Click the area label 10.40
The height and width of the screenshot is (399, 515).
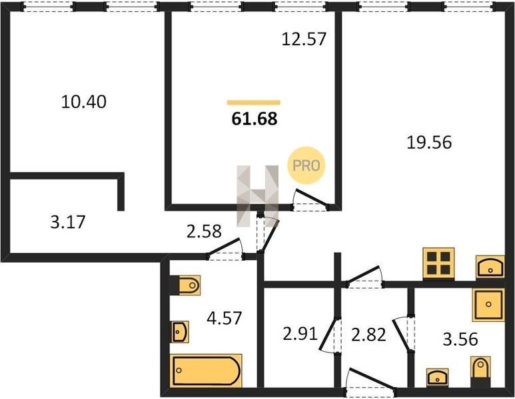84,102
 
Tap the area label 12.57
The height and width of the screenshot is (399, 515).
304,39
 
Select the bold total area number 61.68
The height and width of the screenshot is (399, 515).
255,118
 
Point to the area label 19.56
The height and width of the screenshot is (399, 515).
429,142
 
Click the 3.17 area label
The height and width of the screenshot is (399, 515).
68,222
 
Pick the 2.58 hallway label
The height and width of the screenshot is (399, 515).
204,231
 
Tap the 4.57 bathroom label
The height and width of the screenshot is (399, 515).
225,318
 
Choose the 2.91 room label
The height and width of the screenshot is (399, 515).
300,334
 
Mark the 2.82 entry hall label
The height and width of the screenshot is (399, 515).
368,335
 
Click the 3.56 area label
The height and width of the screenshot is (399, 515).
460,339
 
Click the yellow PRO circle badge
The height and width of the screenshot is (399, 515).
306,165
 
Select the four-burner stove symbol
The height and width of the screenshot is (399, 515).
438,263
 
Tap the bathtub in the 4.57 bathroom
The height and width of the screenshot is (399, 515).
206,370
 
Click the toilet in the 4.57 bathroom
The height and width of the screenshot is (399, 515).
189,285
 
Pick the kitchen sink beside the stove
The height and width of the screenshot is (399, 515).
490,267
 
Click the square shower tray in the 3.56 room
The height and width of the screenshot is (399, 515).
488,305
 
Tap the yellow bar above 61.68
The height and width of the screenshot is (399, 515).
254,102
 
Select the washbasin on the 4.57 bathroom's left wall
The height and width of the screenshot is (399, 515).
180,332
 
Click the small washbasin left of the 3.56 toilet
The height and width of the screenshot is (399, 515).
437,377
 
